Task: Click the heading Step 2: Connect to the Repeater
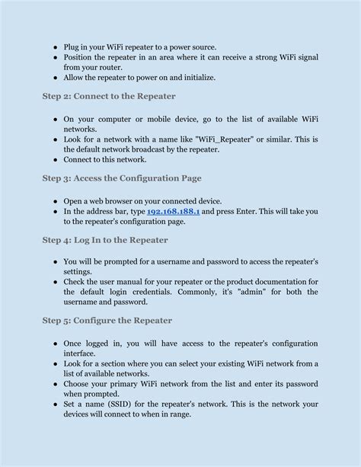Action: coord(109,96)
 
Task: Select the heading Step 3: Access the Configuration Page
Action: coord(122,178)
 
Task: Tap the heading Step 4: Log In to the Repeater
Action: coord(105,239)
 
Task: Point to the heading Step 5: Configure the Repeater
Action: coord(107,321)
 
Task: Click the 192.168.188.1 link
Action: coord(173,212)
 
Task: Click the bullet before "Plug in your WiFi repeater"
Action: coord(56,47)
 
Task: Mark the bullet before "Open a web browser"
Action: coord(56,201)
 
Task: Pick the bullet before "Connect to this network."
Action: coord(56,160)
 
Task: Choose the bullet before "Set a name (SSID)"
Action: coord(56,405)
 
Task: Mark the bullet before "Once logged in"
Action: coord(56,343)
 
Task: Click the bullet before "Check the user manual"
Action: coord(56,282)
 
